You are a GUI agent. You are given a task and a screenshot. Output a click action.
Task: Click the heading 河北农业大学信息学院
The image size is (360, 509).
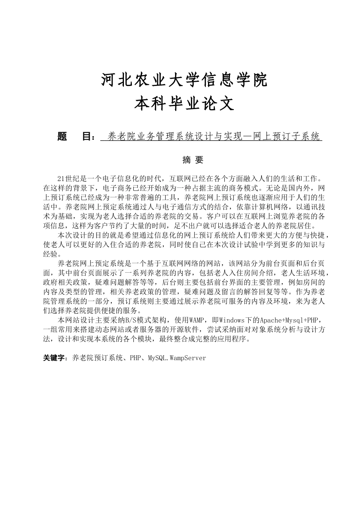[185, 80]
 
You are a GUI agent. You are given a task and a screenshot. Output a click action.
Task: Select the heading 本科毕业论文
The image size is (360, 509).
[185, 103]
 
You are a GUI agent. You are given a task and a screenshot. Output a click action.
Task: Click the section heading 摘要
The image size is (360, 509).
[193, 160]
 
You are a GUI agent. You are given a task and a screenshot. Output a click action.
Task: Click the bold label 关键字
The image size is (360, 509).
[55, 358]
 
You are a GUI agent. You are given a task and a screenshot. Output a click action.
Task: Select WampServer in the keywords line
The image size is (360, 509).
[188, 358]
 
